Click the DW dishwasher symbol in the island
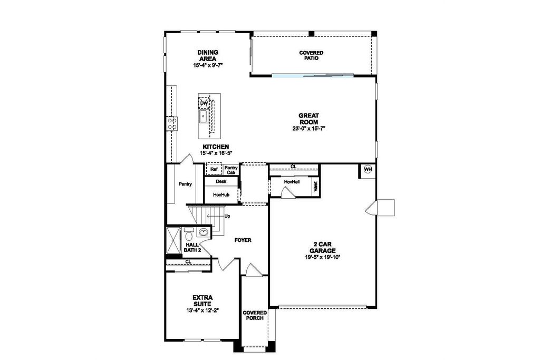[204, 103]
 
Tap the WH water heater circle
[368, 169]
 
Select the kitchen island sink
[203, 116]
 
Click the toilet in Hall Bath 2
[189, 235]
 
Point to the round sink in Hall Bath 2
[204, 232]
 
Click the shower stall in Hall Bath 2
[173, 240]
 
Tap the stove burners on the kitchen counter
[172, 123]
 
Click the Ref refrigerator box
[214, 169]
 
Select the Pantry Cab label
[231, 170]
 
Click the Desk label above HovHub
[221, 181]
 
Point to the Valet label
[315, 187]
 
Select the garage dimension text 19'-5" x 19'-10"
[322, 257]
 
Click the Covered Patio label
[311, 55]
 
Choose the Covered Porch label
[255, 315]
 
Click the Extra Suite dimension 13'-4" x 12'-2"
[203, 310]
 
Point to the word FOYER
[243, 240]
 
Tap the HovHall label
[292, 181]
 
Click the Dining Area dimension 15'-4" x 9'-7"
[208, 65]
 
